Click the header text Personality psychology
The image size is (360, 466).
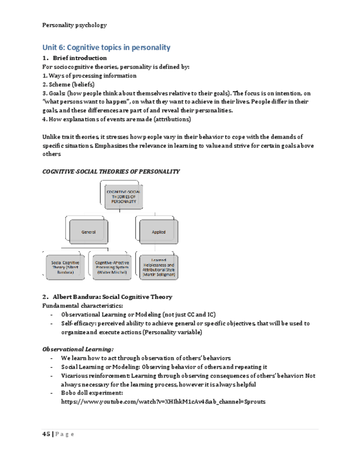coord(74,25)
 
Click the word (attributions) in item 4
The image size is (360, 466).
coord(171,119)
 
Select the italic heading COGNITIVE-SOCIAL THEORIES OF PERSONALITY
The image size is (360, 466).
coord(110,171)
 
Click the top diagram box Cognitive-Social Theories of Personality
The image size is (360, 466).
coord(123,196)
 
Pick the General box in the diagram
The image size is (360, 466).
coord(88,232)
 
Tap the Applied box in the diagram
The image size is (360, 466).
coord(158,232)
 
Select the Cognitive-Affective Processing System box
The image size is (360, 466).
coord(112,267)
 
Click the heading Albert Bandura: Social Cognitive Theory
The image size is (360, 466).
coord(112,297)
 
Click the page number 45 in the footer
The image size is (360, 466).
coord(46,434)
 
